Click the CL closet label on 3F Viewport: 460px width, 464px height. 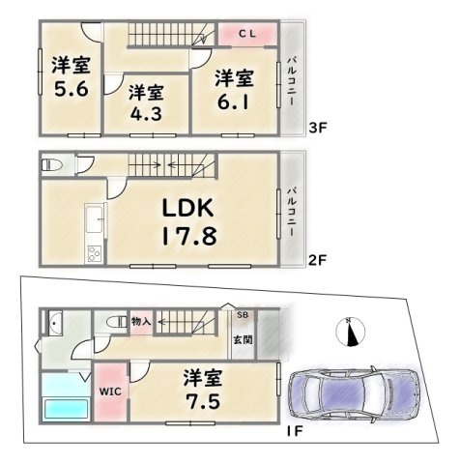[x=247, y=34]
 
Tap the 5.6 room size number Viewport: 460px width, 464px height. [x=72, y=89]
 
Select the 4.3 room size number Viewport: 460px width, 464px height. [x=146, y=113]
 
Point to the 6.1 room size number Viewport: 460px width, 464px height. [x=233, y=102]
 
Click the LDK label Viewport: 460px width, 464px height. [x=187, y=208]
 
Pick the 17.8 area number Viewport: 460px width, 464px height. [x=189, y=236]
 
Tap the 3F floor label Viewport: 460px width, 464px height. [x=318, y=129]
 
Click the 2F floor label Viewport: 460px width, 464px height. [x=318, y=260]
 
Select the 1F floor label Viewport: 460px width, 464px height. [x=295, y=431]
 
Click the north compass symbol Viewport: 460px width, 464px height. [x=350, y=333]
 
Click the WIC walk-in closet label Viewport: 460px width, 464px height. [x=110, y=391]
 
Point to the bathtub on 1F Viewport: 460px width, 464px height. [x=67, y=409]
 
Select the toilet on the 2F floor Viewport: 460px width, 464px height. [x=51, y=165]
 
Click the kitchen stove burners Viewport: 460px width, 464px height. [x=95, y=253]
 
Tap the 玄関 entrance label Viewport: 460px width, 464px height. [x=243, y=339]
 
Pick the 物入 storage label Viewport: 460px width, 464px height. [x=142, y=322]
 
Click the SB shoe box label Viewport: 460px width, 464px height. [x=243, y=315]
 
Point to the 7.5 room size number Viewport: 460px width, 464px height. [x=203, y=402]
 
